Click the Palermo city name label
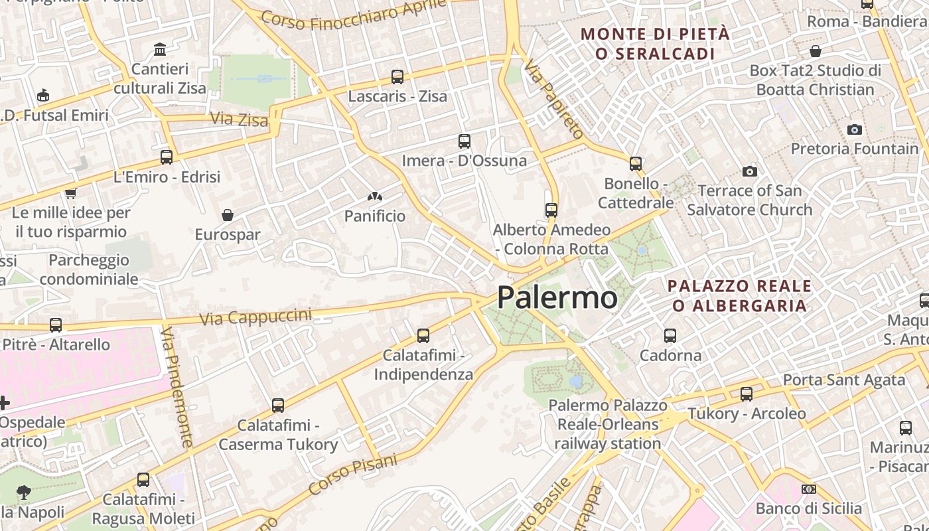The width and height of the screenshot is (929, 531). [x=557, y=297]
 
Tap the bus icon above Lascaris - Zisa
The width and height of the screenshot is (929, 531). [x=397, y=77]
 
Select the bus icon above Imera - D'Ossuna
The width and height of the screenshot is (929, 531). [x=464, y=141]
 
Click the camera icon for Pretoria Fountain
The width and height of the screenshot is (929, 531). [x=855, y=129]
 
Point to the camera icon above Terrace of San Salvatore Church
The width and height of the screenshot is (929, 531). [x=750, y=172]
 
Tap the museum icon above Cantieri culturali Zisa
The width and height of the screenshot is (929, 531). [x=160, y=49]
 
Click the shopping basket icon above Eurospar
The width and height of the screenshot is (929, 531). [x=228, y=215]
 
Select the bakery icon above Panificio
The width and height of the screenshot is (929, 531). [x=375, y=197]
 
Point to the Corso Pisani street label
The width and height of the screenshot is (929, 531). [x=353, y=474]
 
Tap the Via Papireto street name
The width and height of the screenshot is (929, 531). [x=553, y=100]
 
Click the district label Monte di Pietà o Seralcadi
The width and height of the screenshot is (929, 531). [x=655, y=44]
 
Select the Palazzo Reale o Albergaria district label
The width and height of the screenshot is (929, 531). [x=739, y=296]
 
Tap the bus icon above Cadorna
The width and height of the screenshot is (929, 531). [x=670, y=336]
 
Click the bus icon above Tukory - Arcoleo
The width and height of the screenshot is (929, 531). [x=747, y=394]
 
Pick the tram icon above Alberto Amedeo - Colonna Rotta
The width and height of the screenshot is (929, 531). [x=551, y=210]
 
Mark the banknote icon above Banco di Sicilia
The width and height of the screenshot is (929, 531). [x=808, y=489]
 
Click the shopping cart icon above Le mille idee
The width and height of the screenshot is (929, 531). [x=70, y=194]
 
